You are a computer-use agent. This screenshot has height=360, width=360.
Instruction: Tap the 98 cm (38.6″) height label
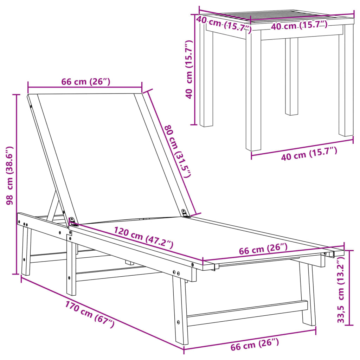click(10, 175)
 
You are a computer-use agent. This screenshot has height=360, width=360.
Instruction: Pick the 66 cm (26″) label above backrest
click(85, 82)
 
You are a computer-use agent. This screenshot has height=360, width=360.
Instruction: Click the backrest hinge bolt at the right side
click(184, 212)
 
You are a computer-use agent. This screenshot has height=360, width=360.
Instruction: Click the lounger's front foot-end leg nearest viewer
click(181, 309)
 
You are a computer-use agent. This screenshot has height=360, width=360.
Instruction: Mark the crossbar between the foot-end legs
click(246, 313)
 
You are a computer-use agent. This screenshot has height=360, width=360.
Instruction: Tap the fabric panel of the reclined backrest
click(105, 155)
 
